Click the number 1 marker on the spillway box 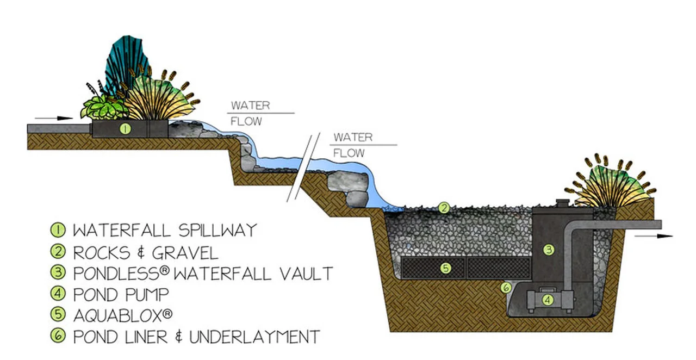coord(125,129)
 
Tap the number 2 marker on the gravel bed coord(444,207)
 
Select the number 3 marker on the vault coord(549,250)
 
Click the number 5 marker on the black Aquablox coord(445,268)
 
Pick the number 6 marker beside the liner coord(505,287)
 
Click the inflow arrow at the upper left coord(57,117)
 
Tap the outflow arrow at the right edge coord(656,236)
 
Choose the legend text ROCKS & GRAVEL coord(145,252)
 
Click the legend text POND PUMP coord(121,294)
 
